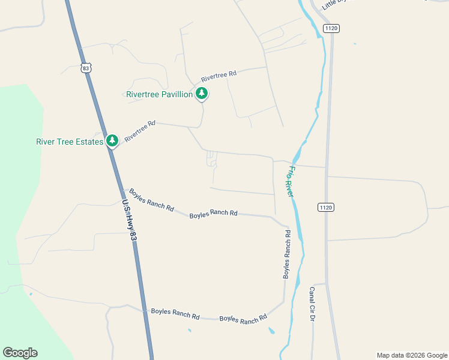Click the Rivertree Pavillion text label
point(159,95)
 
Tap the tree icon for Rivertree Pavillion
point(202,94)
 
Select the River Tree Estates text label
point(70,142)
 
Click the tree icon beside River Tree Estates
point(112,140)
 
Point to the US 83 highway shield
point(86,68)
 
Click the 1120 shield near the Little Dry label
point(331,28)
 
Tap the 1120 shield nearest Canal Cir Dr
point(325,207)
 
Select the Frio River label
point(291,181)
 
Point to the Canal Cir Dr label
point(312,304)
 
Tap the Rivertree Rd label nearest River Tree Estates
point(140,131)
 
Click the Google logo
point(20,353)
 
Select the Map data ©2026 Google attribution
point(412,355)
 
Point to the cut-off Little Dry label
point(335,4)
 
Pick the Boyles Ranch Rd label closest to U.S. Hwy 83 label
point(152,201)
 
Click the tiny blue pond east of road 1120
point(354,43)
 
